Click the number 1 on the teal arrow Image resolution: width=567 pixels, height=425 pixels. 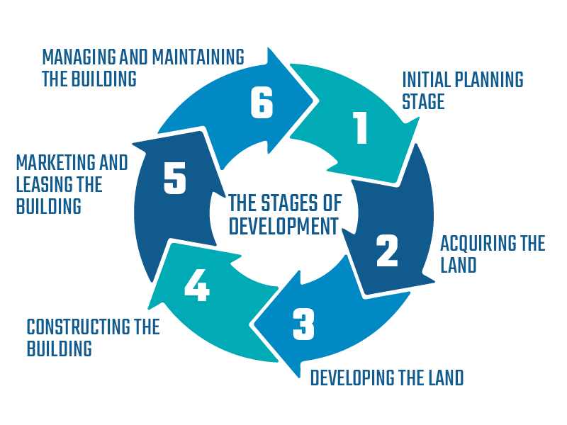361,128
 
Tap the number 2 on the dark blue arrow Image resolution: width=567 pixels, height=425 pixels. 387,251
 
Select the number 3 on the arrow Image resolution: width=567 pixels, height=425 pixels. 303,324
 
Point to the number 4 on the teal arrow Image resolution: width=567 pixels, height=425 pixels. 196,285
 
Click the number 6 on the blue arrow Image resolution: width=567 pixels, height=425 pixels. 262,103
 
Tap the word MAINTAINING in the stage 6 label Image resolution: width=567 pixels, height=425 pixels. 199,57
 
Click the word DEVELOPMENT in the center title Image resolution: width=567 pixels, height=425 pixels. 283,226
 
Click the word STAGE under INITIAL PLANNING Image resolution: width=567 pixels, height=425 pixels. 423,101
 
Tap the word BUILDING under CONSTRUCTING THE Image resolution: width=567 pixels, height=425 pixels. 59,348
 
